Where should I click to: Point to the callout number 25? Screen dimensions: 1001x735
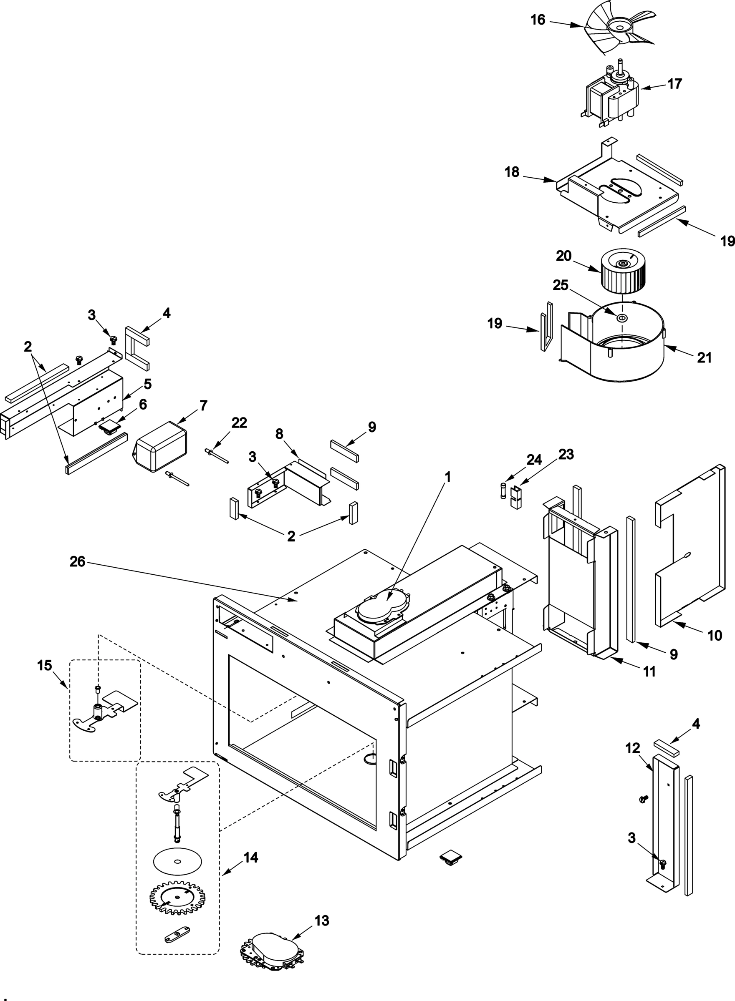point(561,285)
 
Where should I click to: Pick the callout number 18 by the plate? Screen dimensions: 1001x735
point(512,172)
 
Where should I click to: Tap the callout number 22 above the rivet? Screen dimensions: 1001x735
point(239,423)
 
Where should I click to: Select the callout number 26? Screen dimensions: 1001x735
point(77,562)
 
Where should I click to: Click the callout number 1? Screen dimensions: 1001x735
point(448,478)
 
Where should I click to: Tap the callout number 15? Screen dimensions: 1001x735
point(45,666)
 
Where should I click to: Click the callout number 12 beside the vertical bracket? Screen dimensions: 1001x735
point(632,749)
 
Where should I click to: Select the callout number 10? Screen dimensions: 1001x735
point(715,636)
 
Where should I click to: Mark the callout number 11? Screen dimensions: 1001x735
point(650,672)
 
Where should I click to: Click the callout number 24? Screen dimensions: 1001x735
point(534,460)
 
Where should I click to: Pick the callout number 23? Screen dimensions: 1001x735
point(566,455)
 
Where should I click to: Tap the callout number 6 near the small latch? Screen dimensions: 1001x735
point(143,405)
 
